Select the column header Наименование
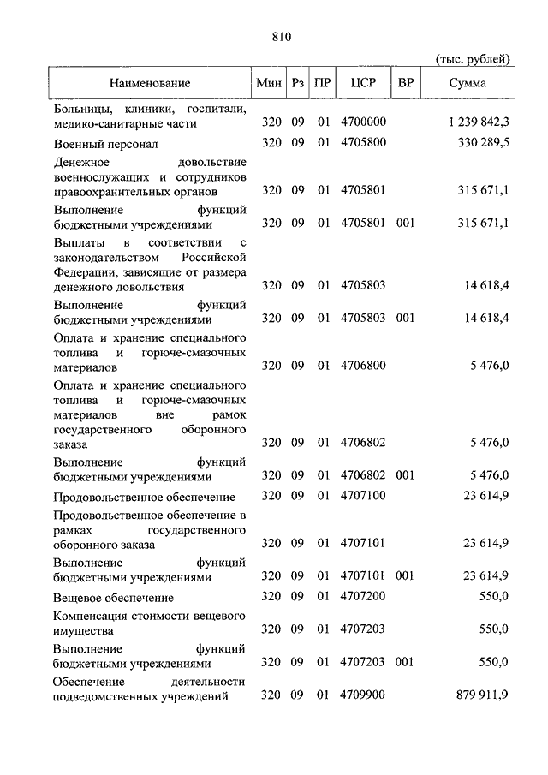click(149, 84)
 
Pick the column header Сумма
click(468, 84)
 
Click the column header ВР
click(406, 84)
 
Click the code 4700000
click(363, 123)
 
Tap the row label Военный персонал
click(105, 143)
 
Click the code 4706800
click(363, 366)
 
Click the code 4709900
click(363, 695)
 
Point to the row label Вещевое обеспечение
click(113, 598)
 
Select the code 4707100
click(363, 496)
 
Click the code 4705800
click(363, 142)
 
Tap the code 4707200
click(363, 597)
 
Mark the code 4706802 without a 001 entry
click(363, 443)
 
